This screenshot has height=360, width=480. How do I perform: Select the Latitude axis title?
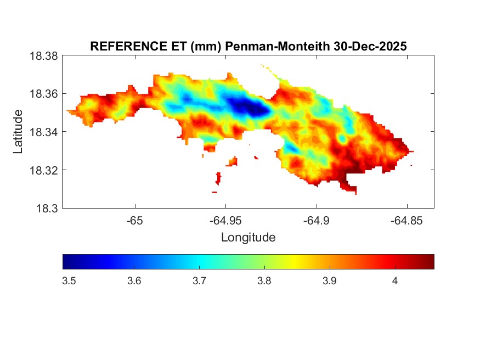18,132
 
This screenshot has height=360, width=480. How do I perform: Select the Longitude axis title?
248,238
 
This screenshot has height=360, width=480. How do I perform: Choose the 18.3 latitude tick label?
46,208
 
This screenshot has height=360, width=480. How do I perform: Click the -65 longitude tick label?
135,221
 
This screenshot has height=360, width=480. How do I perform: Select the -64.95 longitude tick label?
225,221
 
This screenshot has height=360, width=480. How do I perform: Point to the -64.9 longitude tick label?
316,221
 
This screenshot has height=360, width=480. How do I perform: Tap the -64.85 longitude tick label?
406,221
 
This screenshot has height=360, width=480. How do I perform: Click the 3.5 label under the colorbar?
70,281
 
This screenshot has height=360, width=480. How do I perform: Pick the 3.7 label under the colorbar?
200,281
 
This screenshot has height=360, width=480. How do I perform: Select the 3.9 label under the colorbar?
330,281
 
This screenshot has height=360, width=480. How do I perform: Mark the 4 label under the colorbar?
395,281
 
